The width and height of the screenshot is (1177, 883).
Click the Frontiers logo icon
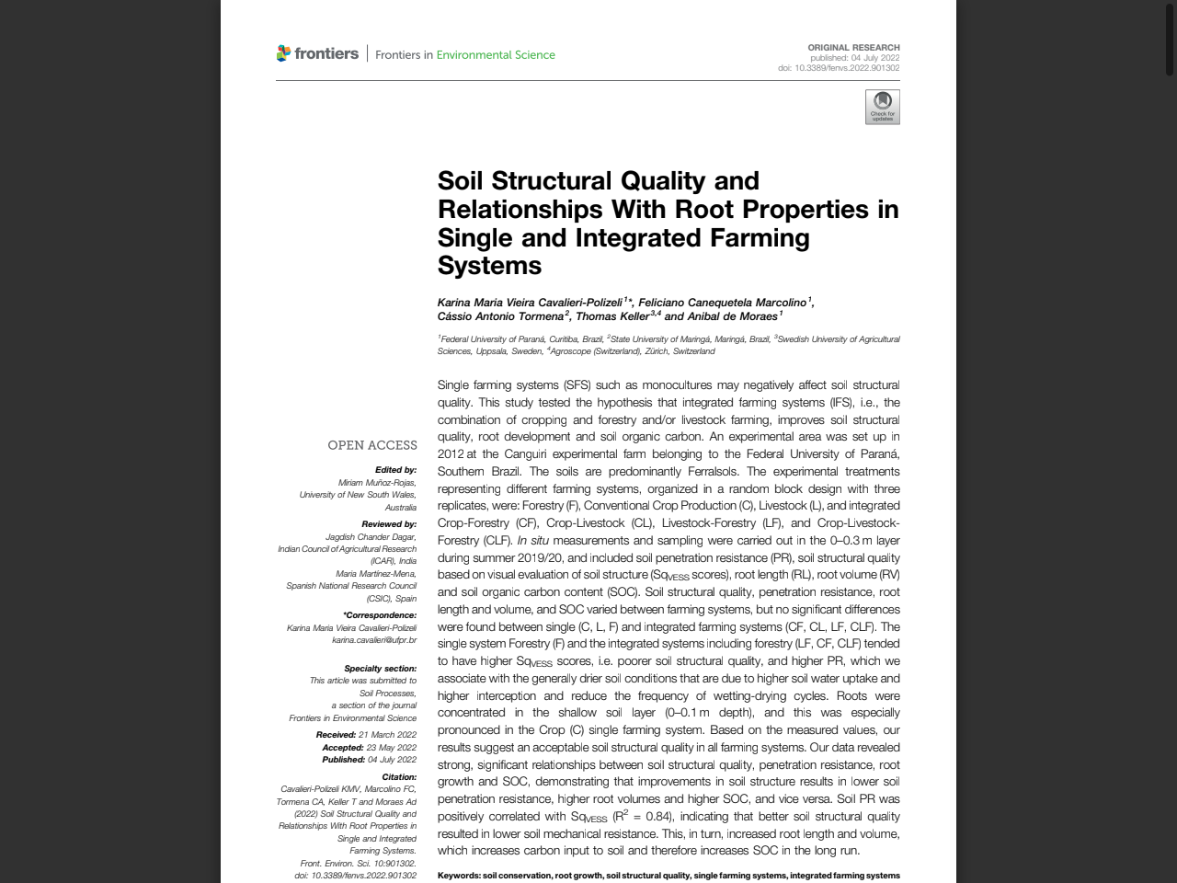tap(283, 53)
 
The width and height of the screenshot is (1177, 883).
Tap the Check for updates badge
tap(882, 107)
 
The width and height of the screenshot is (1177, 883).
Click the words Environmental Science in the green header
tap(496, 55)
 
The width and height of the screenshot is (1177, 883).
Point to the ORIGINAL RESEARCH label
tap(853, 47)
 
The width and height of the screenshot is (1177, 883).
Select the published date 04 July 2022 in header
tap(874, 58)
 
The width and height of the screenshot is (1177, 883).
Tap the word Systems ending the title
tap(489, 266)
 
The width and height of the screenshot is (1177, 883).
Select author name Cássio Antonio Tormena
tap(500, 316)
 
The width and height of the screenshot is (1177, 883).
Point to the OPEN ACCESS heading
tap(372, 445)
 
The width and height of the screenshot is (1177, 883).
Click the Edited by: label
tap(395, 470)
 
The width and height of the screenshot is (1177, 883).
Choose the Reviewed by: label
tap(389, 524)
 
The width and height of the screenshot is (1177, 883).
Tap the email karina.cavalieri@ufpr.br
tap(374, 640)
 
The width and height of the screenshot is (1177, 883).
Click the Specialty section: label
tap(380, 669)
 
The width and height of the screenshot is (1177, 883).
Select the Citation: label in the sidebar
tap(399, 777)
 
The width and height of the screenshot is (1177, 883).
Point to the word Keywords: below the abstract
tap(459, 876)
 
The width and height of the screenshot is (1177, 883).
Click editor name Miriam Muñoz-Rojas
tap(376, 482)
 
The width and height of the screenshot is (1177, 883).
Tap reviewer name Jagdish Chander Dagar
tap(371, 536)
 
